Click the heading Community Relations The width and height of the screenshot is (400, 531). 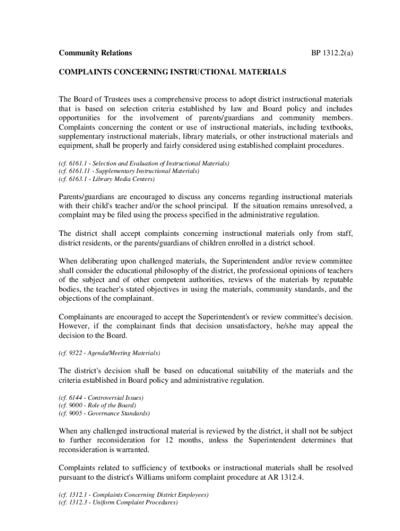tap(95, 53)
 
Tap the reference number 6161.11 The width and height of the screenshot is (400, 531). tap(78, 171)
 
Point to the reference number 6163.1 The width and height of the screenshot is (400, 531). tap(77, 179)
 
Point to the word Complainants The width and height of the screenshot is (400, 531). tap(83, 317)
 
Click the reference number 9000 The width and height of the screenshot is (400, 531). tap(76, 405)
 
